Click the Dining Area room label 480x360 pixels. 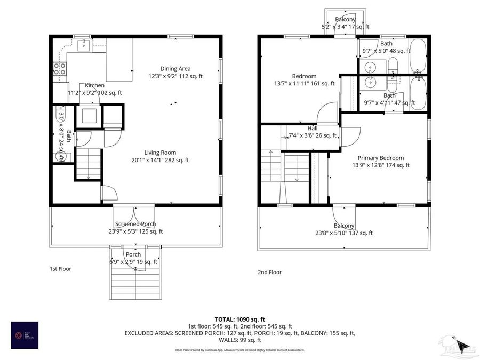click(175, 68)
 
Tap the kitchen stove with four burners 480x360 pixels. click(60, 68)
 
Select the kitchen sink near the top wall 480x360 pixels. click(83, 45)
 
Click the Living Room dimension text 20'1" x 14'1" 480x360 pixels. click(160, 160)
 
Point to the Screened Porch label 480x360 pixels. click(135, 224)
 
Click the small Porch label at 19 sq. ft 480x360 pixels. click(133, 254)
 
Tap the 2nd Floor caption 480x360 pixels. click(269, 272)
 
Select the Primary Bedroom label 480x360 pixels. click(380, 158)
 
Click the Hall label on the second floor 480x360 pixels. click(313, 129)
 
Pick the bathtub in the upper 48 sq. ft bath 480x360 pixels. click(419, 56)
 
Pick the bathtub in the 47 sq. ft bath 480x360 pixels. click(419, 93)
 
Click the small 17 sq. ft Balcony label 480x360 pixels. click(345, 20)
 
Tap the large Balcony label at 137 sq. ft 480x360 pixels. click(345, 226)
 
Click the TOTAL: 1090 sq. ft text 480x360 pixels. click(240, 318)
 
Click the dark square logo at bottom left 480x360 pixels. click(25, 335)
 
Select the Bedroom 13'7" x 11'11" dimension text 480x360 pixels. click(304, 83)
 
